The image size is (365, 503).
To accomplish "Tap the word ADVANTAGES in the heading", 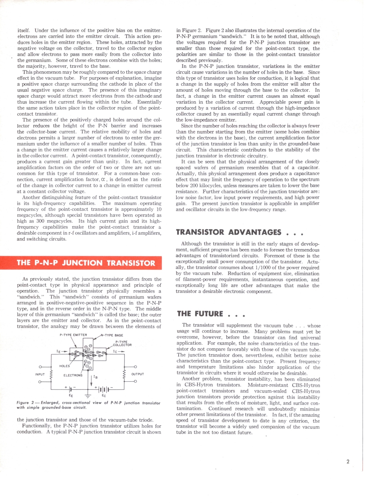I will coord(255,232).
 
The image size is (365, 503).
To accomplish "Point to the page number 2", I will coord(348,462).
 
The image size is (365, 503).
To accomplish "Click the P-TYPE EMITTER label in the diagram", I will coord(73,335).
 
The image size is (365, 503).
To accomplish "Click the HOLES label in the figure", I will coord(65,366).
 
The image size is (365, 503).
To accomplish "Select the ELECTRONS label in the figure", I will coord(73,375).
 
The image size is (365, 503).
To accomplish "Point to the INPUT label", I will coord(40,374).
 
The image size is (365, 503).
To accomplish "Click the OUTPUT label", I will coord(138,374).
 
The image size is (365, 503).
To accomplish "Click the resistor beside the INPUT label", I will coord(51,375).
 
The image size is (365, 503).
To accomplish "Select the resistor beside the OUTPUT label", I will coord(124,375).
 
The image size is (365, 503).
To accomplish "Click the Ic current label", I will coord(115,351).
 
